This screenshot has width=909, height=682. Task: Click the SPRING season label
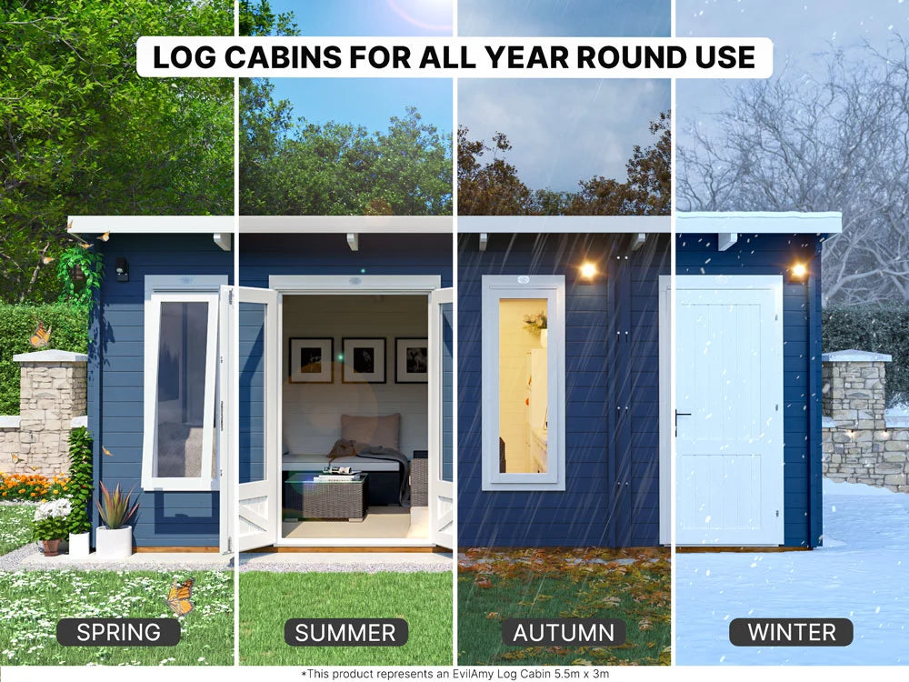[x=118, y=632]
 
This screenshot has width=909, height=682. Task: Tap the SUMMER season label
[x=345, y=632]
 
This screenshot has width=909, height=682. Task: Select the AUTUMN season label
[x=564, y=632]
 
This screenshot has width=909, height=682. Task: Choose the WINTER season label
[x=791, y=632]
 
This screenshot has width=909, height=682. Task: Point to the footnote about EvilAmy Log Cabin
[x=454, y=674]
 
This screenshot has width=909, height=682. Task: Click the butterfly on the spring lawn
[x=180, y=597]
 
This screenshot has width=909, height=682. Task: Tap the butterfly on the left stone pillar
[x=40, y=336]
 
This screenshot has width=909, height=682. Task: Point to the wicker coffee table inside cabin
[x=325, y=494]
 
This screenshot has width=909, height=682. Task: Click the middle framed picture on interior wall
[x=364, y=360]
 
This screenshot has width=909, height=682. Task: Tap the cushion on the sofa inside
[x=371, y=429]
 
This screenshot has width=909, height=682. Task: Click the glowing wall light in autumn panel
[x=588, y=270]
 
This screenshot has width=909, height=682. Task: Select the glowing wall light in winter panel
[x=799, y=270]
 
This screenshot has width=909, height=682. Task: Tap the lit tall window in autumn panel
[x=523, y=382]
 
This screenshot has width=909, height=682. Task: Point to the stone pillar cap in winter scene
[x=855, y=356]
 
